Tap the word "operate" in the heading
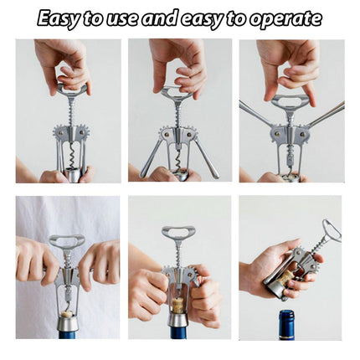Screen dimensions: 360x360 pos(285,19)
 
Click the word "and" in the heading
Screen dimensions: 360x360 pos(159,18)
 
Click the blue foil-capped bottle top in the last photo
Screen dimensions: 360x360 pos(286,324)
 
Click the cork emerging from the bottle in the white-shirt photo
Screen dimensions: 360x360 pos(67,312)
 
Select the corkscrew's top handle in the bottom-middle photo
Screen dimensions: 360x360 pos(178,233)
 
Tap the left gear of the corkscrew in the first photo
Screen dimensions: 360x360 pos(60,134)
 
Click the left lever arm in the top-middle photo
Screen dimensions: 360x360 pos(150,158)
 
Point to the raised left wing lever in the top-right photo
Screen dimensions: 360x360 pos(256,112)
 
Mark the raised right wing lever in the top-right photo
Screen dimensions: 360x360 pos(326,114)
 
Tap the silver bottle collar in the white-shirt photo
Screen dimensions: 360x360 pos(68,324)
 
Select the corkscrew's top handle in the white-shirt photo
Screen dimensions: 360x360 pos(67,241)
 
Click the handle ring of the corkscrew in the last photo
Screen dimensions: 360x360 pos(332,230)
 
